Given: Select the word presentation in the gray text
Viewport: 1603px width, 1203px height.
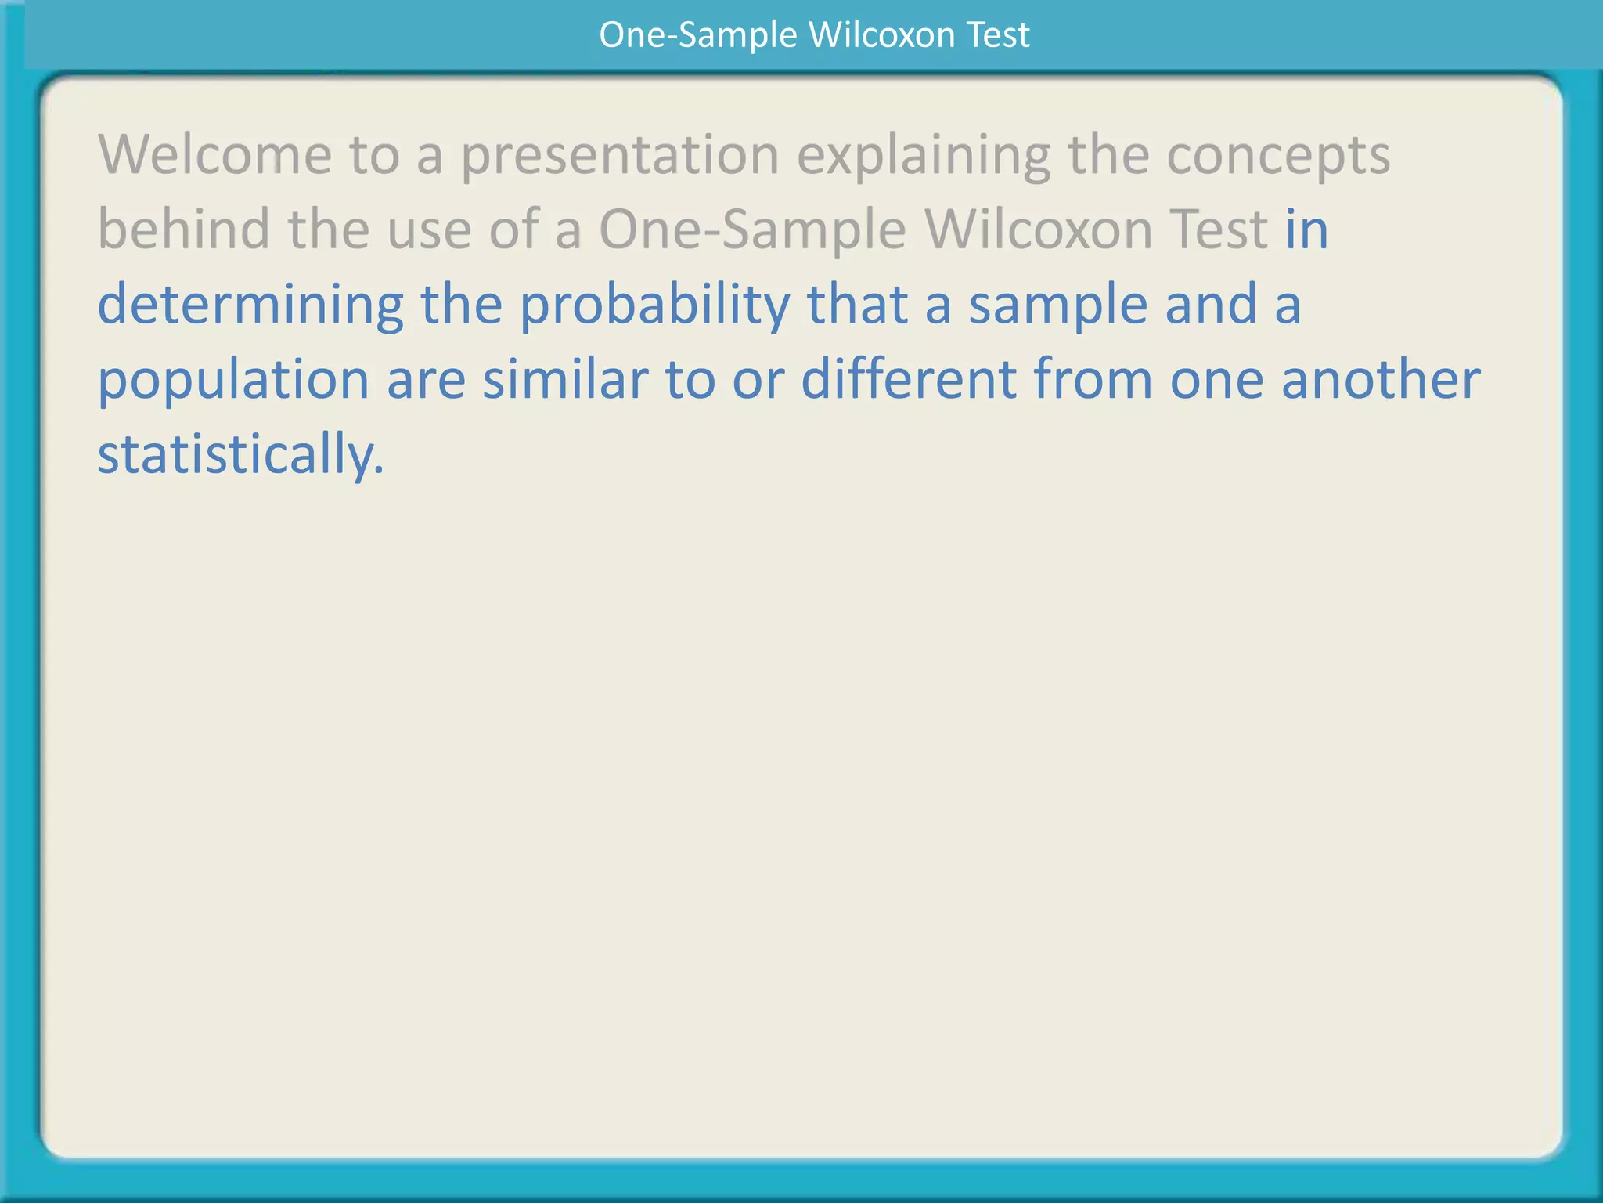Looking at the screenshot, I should coord(619,156).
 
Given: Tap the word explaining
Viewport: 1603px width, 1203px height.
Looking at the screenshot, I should coord(924,156).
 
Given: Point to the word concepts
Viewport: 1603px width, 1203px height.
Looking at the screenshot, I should coord(1278,156).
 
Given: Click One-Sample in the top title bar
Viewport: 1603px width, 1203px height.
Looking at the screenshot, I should coord(697,35).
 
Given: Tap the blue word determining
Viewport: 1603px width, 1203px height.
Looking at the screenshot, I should coord(250,305).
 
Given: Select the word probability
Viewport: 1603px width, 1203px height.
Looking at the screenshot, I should coord(654,305).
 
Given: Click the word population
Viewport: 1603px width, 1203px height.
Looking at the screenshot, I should coord(233,381).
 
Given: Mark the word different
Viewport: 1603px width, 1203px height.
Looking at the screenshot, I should coord(908,379).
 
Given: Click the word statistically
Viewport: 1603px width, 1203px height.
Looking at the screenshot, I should coord(240,455).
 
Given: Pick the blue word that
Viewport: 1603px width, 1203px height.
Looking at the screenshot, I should coord(856,305).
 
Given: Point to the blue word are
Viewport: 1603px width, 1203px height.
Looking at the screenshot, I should coord(426,381).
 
